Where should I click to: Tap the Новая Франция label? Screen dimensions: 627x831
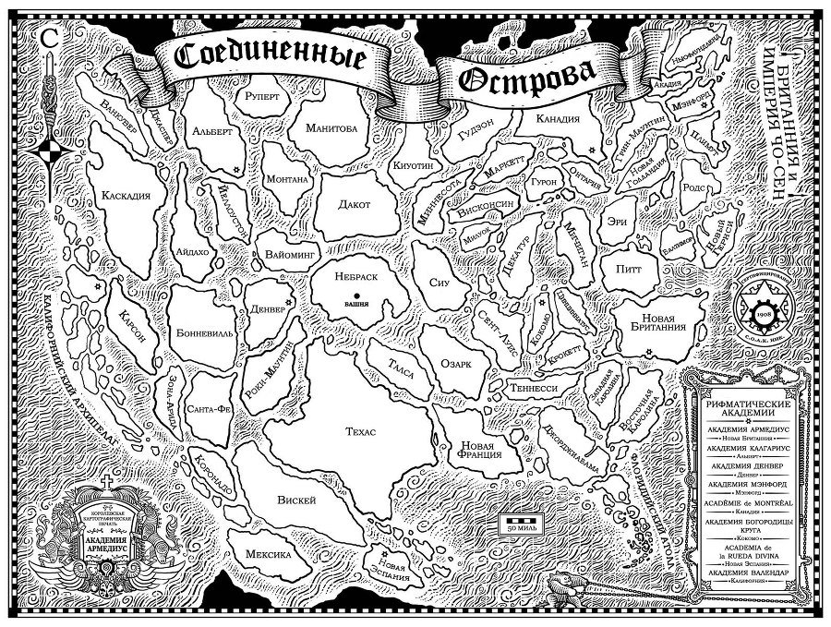[479, 450]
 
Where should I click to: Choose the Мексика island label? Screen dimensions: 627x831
[269, 554]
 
